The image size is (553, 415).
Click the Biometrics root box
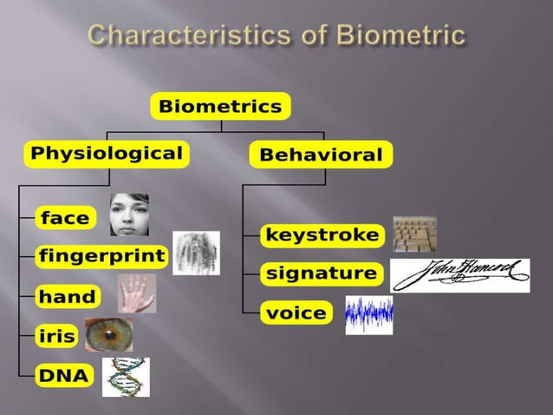click(x=220, y=107)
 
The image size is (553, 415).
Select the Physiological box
click(x=107, y=155)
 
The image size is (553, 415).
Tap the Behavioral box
click(x=320, y=155)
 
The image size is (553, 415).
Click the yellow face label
click(x=65, y=218)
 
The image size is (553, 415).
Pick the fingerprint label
click(x=101, y=255)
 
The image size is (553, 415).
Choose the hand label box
click(x=67, y=296)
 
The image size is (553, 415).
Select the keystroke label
click(x=322, y=234)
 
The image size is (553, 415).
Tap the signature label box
click(x=322, y=273)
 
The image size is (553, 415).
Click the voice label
click(x=296, y=313)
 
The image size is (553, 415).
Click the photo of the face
click(x=129, y=214)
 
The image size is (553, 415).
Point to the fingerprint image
click(x=196, y=253)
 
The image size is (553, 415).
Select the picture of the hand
click(x=137, y=293)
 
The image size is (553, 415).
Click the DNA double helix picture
click(x=126, y=377)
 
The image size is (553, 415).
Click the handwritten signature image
click(x=459, y=275)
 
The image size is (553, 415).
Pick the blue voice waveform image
click(x=368, y=314)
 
